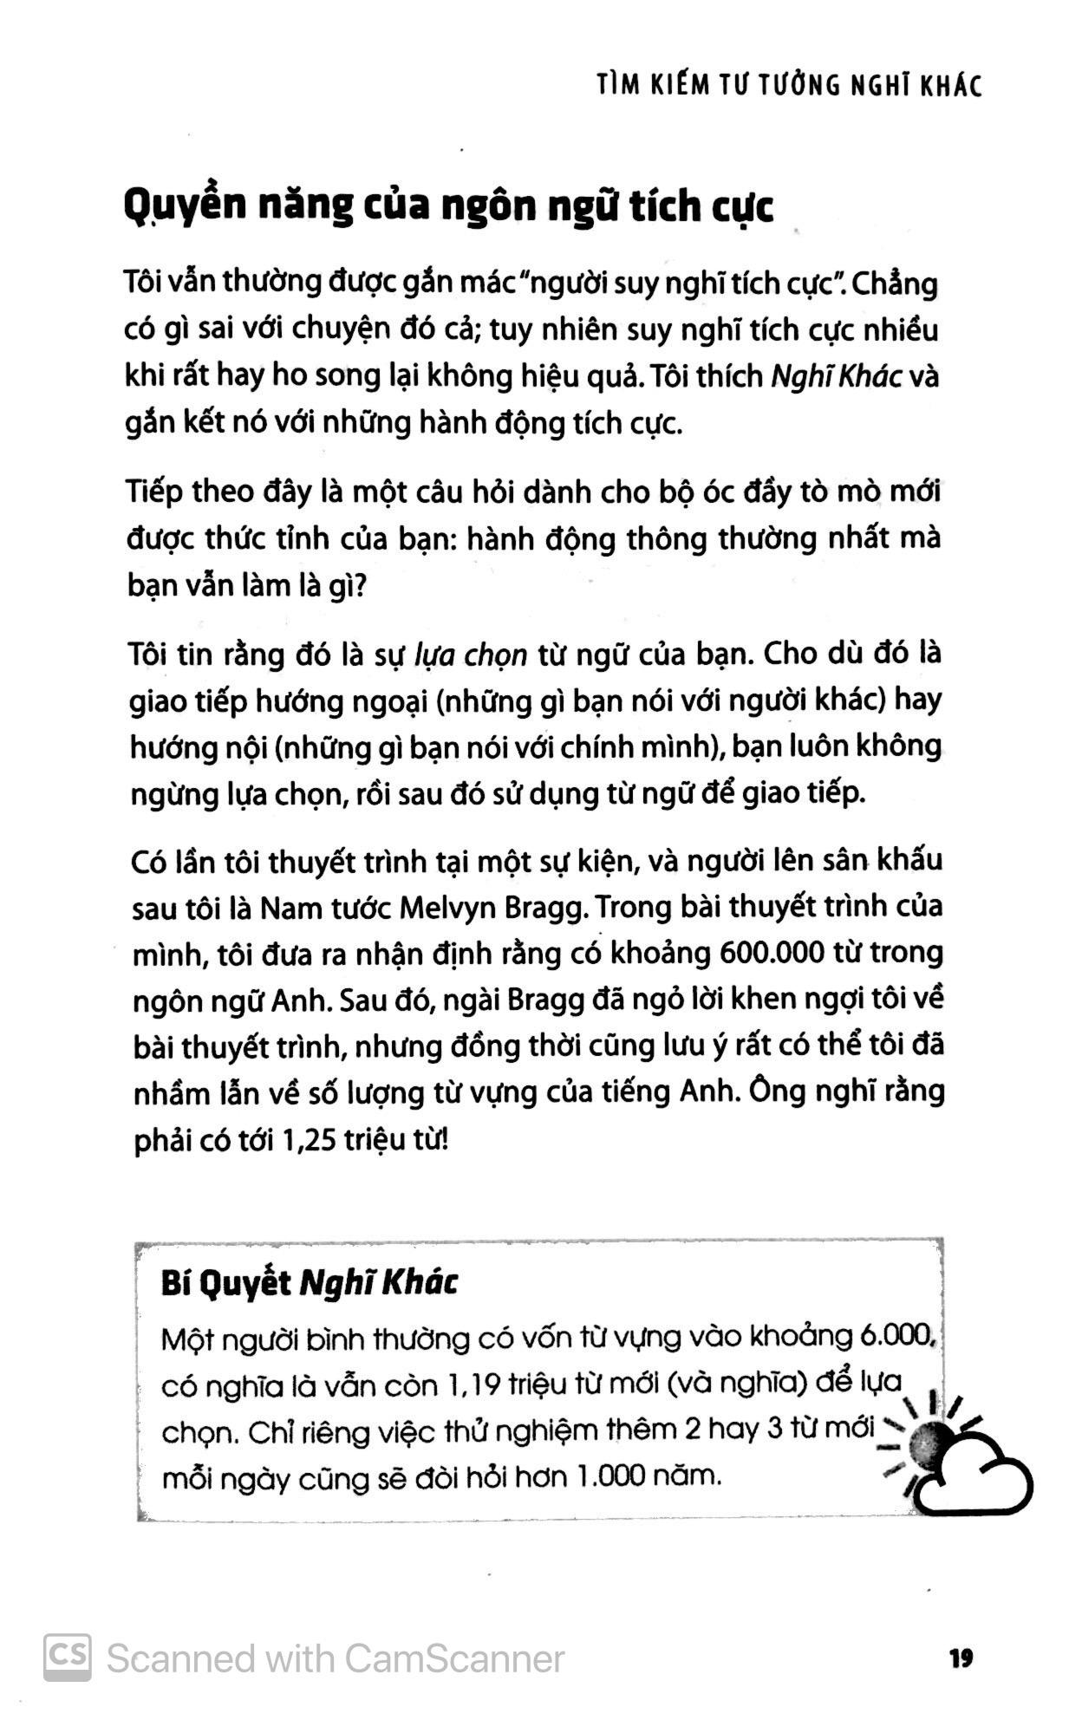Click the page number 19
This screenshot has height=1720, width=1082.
[x=961, y=1659]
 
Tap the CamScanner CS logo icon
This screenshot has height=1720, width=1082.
[x=67, y=1658]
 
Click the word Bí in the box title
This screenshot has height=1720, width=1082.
[x=176, y=1284]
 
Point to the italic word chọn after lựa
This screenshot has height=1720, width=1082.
[x=494, y=655]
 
